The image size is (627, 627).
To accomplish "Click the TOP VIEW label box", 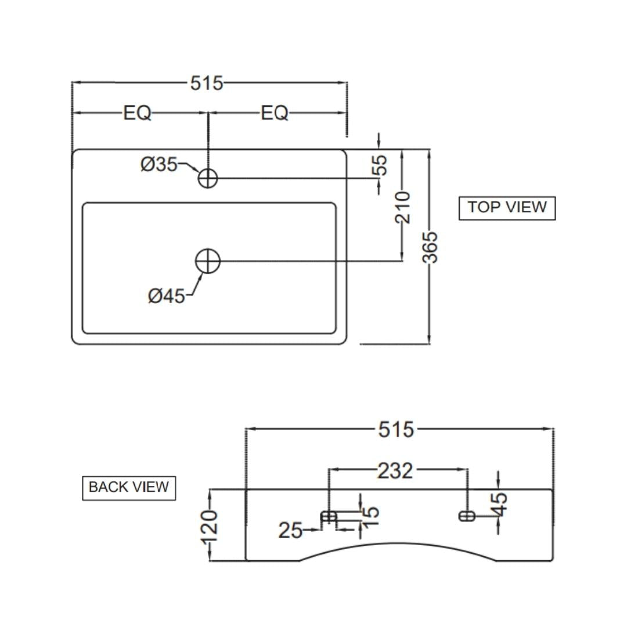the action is click(507, 208).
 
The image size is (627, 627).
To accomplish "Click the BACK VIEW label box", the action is click(129, 488).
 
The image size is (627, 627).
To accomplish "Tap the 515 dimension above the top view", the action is click(206, 83).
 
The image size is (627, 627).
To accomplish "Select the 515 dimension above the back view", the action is click(396, 430).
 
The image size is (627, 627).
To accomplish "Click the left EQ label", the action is click(137, 113).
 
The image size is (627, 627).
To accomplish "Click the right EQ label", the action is click(274, 113).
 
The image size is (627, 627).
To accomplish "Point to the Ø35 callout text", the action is click(158, 164).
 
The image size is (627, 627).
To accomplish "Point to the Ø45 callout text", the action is click(167, 296).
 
